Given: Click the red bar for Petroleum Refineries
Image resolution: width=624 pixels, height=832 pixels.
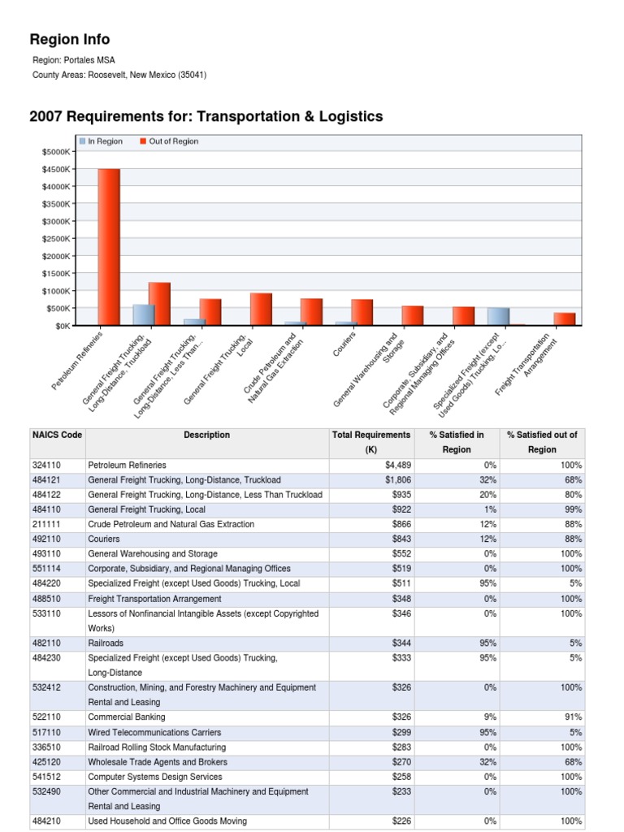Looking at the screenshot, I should point(109,248).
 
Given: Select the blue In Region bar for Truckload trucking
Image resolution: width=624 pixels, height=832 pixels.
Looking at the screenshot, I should point(144,315).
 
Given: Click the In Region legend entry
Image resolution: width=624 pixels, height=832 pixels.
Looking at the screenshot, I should point(102,141).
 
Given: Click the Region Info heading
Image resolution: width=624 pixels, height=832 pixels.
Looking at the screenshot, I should point(69,40).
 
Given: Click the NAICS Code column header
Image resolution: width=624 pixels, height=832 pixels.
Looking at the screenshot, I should point(57,435).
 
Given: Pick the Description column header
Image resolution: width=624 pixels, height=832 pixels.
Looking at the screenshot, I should point(206,435).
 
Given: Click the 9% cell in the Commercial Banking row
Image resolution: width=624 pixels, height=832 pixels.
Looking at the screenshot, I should point(487,717).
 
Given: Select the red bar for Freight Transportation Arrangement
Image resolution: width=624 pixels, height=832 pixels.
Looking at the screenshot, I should point(565,319).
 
